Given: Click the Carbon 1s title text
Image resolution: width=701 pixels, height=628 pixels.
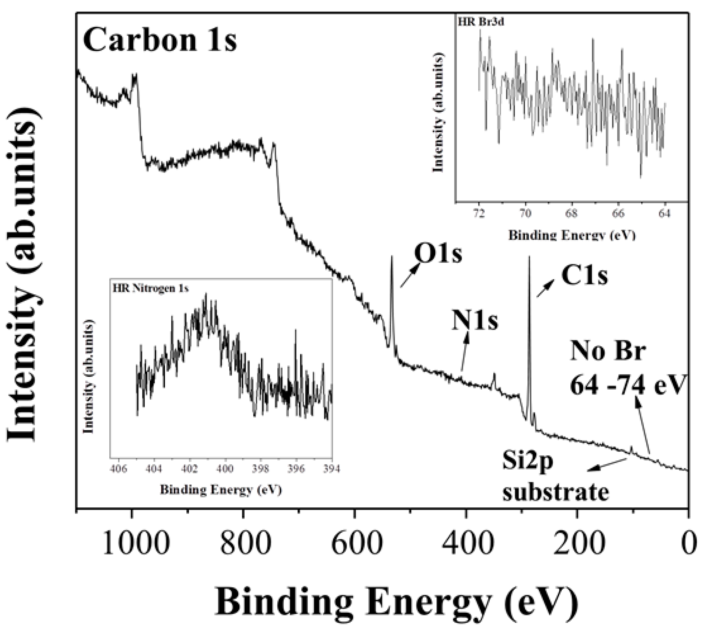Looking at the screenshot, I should (160, 40).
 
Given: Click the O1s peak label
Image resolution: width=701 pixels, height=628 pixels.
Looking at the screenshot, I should (438, 254).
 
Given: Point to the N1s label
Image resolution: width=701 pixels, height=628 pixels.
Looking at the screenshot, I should (475, 321).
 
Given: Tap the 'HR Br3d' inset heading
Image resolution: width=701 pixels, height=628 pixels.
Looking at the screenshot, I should (481, 22).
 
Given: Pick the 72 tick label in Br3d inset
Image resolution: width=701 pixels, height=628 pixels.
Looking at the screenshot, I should (479, 213).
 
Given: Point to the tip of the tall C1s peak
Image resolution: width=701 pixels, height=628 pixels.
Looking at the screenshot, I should (529, 257).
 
